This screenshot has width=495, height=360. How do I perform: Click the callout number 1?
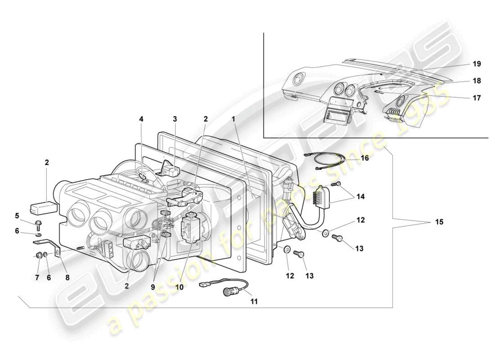click(234, 119)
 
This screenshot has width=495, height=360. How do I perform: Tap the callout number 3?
click(175, 119)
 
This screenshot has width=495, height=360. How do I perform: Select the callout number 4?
click(141, 119)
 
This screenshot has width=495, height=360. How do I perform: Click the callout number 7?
click(38, 278)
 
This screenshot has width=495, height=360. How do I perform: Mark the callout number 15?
click(439, 222)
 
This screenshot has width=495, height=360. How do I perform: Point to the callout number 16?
click(364, 158)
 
